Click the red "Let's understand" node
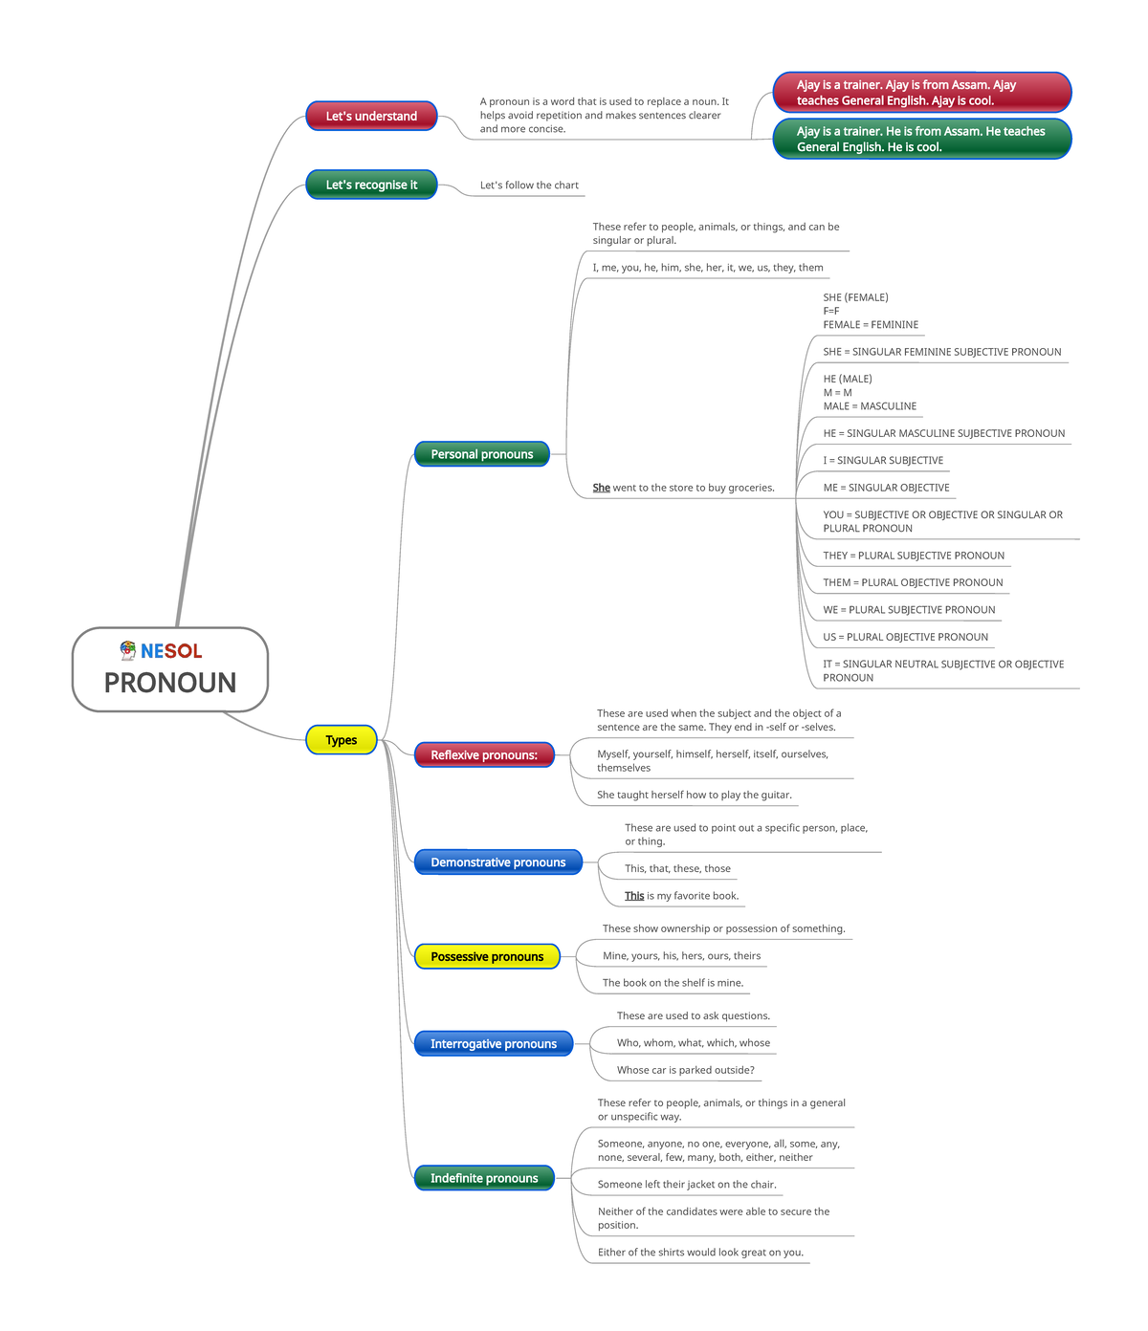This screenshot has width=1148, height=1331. [x=371, y=116]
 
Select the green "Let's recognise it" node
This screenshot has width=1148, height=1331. [x=371, y=185]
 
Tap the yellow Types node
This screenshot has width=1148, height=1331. [x=341, y=740]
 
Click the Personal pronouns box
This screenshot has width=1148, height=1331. [x=482, y=454]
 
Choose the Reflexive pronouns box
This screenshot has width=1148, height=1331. [x=484, y=754]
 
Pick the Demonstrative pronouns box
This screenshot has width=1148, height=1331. [x=498, y=862]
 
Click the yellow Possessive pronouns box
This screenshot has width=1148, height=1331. [x=487, y=956]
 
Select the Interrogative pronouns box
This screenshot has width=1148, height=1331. [x=494, y=1043]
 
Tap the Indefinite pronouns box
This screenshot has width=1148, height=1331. [x=484, y=1178]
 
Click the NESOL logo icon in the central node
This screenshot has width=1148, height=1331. [x=127, y=650]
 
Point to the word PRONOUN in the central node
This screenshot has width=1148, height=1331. [x=170, y=683]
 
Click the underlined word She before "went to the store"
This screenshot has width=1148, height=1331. [x=601, y=488]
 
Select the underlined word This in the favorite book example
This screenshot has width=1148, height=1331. [x=634, y=896]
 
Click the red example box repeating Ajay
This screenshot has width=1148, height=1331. [x=922, y=92]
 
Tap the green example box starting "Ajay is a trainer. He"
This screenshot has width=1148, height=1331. [x=922, y=139]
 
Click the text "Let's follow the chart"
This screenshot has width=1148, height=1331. [x=529, y=185]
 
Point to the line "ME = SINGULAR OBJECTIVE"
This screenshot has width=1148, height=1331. [x=886, y=488]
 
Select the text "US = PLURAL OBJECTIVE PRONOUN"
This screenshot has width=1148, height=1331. [x=905, y=637]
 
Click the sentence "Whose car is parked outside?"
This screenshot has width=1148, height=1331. [x=685, y=1070]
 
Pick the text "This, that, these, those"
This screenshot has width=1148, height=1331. [x=677, y=868]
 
